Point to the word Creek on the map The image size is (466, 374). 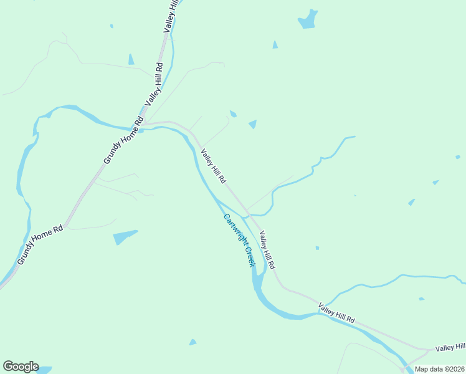(x=249, y=256)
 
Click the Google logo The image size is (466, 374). (x=21, y=367)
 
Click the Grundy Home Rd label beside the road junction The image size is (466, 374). (x=123, y=142)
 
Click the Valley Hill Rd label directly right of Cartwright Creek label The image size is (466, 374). (x=267, y=249)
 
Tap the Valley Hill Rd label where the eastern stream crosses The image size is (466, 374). (x=336, y=313)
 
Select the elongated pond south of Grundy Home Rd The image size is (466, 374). (x=125, y=237)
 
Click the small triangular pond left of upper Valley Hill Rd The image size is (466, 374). (x=131, y=59)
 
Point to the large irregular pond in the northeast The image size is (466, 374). (x=308, y=19)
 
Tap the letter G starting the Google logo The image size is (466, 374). (x=7, y=367)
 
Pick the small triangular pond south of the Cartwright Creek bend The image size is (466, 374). (x=193, y=342)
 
